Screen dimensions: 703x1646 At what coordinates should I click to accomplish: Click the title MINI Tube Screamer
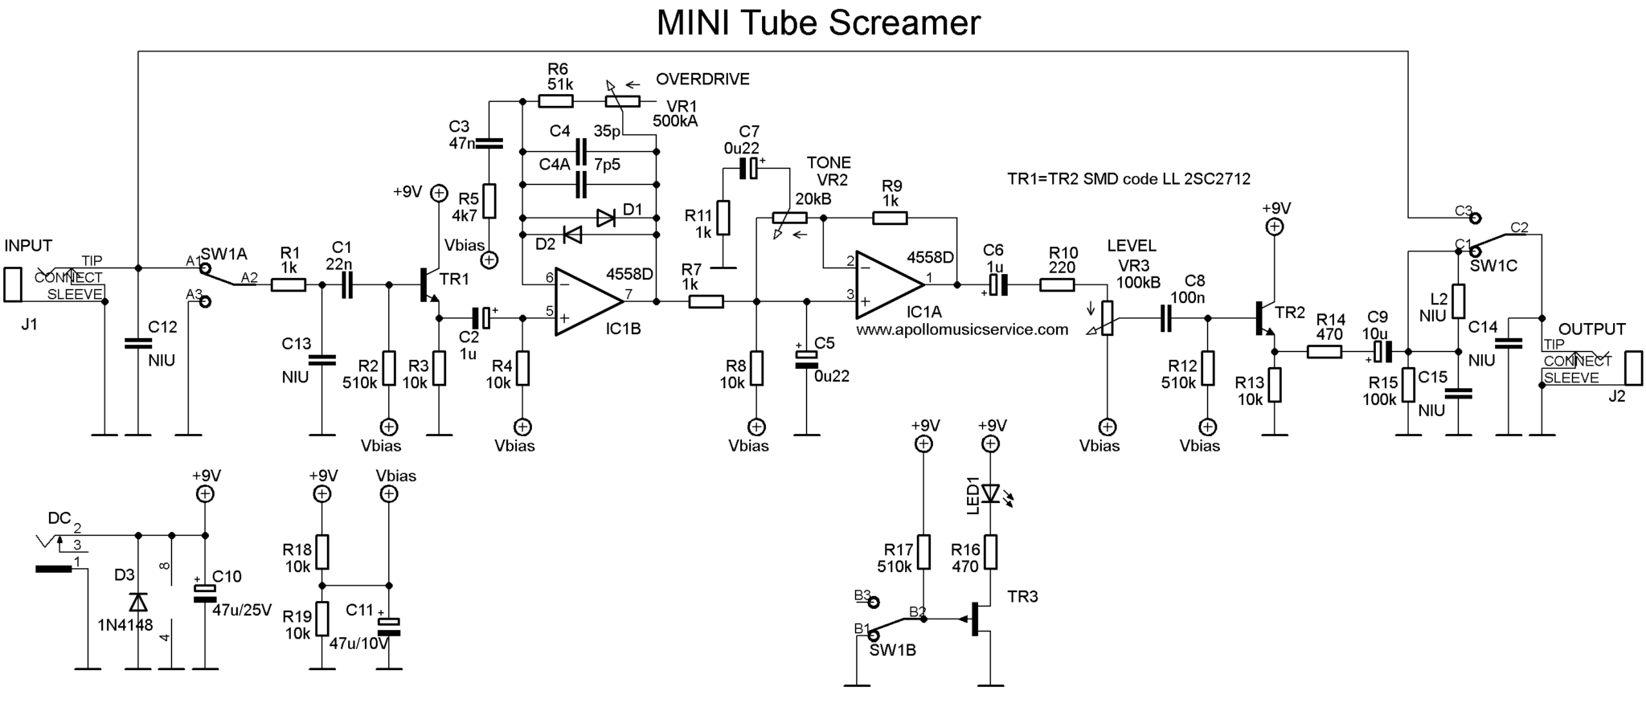[818, 22]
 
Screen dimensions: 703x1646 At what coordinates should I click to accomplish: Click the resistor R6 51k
[555, 101]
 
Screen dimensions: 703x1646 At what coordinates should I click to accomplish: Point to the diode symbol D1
[606, 218]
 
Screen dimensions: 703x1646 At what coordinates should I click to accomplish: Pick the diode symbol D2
[572, 235]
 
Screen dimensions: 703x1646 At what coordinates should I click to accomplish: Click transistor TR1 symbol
[428, 291]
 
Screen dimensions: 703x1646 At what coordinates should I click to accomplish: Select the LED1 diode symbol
[991, 493]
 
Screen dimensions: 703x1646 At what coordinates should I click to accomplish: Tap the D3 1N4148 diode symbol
[138, 602]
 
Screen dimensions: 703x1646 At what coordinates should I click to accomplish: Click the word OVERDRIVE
[702, 80]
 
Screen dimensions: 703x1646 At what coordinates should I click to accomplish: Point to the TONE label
[829, 163]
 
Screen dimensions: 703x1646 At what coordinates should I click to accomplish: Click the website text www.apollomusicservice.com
[962, 329]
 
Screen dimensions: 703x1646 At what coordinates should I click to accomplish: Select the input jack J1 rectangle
[12, 284]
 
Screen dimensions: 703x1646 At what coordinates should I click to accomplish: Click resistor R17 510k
[924, 551]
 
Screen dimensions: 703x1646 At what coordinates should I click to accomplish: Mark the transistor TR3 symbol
[977, 619]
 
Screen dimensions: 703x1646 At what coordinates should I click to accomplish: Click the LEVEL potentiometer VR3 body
[1108, 318]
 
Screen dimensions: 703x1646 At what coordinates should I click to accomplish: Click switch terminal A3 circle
[205, 302]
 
